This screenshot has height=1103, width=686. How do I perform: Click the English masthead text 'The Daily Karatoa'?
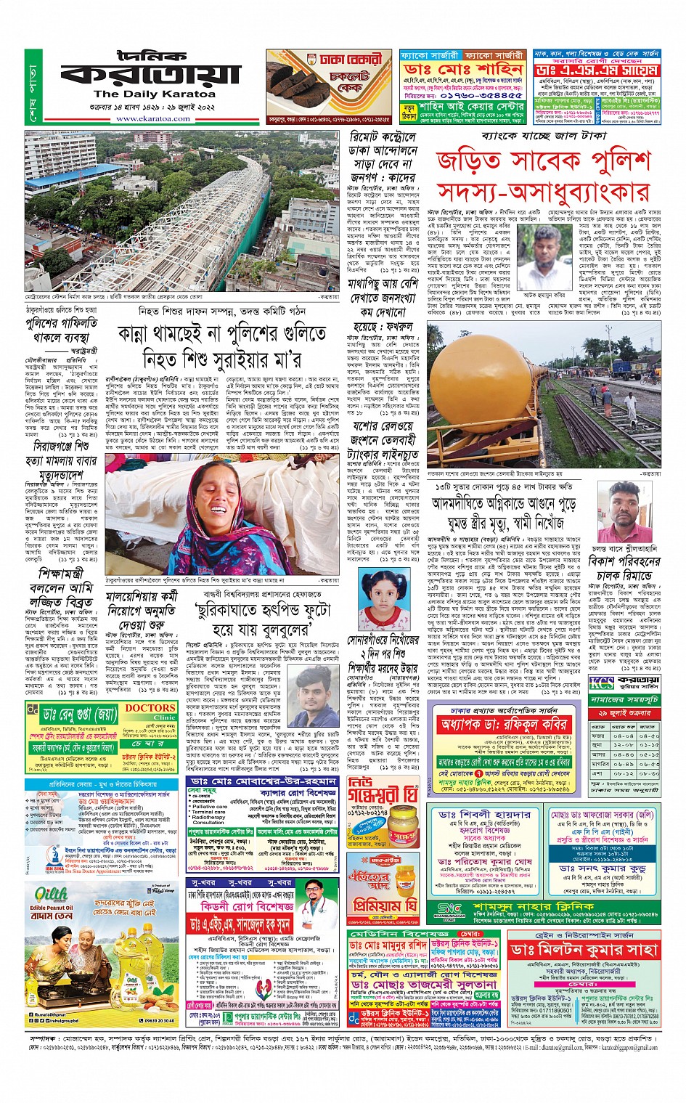154,94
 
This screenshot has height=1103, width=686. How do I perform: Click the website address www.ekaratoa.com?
153,118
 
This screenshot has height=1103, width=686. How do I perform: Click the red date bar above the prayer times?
624,715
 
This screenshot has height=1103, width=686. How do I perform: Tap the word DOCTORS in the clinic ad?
150,708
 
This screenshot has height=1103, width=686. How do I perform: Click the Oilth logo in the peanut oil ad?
52,892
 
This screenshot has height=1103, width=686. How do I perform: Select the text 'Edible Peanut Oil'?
51,908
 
